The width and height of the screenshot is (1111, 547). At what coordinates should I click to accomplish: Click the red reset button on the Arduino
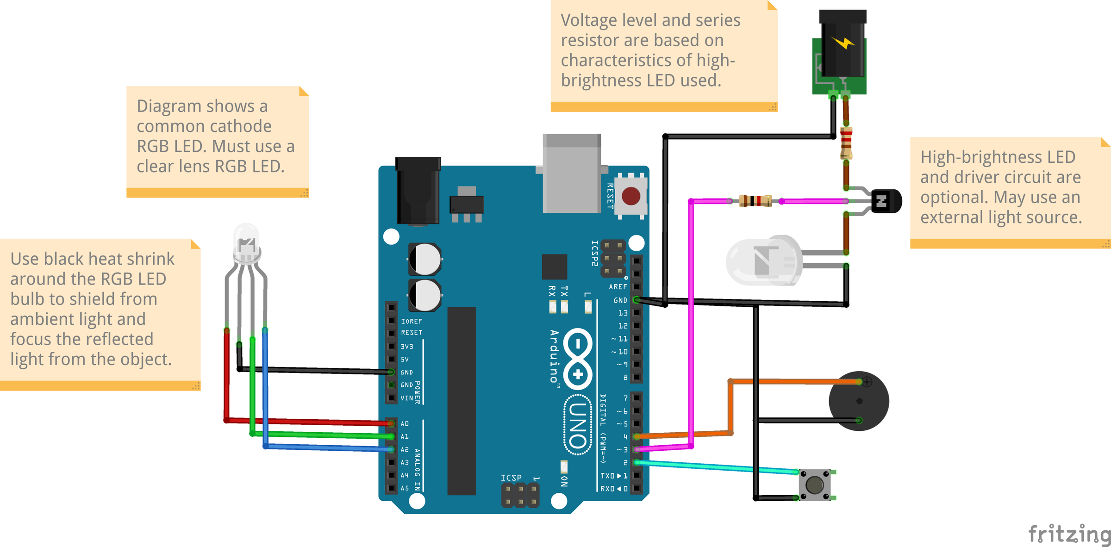[x=630, y=196]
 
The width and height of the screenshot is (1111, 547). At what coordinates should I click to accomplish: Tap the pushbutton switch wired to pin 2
[x=814, y=485]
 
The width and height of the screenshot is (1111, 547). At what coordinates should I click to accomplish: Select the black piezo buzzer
[x=859, y=401]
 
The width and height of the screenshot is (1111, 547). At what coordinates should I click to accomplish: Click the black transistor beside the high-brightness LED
[x=886, y=201]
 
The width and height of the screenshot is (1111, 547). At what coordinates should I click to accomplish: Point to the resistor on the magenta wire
[x=755, y=201]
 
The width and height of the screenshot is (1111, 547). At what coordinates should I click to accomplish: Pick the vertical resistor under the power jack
[x=846, y=143]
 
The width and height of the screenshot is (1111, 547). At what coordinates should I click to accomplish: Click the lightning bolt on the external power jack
[x=843, y=43]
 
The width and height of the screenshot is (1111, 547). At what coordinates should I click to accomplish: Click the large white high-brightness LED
[x=764, y=260]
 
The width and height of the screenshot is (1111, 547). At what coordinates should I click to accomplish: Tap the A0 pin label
[x=405, y=423]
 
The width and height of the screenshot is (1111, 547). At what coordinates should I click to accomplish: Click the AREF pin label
[x=618, y=287]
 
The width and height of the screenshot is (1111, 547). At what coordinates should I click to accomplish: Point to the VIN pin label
[x=406, y=398]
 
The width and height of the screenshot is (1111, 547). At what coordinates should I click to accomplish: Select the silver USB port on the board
[x=572, y=174]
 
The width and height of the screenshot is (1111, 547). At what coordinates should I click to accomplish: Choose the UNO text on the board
[x=578, y=425]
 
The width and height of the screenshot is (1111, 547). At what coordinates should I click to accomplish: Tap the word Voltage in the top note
[x=588, y=20]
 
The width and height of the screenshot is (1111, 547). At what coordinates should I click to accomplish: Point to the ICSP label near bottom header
[x=511, y=478]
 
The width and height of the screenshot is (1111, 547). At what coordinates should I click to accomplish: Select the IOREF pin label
[x=411, y=321]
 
